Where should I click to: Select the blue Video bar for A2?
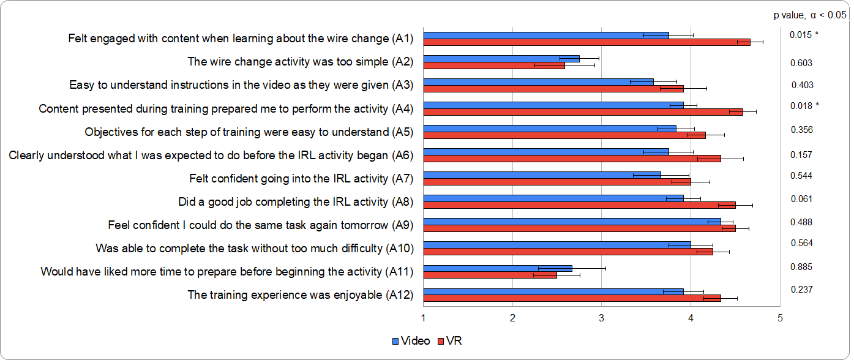point(501,58)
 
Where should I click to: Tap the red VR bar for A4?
point(583,111)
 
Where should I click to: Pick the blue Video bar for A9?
point(572,221)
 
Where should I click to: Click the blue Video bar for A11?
point(497,268)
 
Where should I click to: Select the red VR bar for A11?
point(490,275)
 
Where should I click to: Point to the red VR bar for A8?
point(579,205)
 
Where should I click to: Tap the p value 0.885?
point(801,266)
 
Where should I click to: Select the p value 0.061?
point(801,198)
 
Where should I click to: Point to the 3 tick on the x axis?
point(601,318)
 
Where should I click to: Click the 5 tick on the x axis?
point(779,318)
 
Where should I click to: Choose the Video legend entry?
point(411,341)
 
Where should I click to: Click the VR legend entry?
point(450,341)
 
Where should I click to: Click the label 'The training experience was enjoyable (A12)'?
point(301,294)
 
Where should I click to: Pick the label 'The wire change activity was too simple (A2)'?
point(301,62)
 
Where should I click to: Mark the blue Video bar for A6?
point(545,151)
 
